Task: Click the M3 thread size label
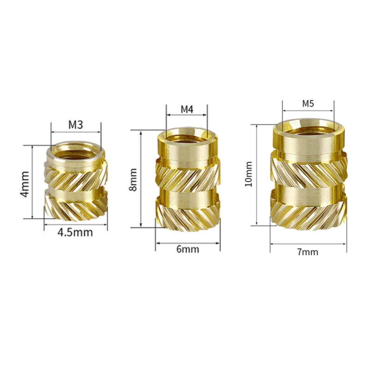click(x=76, y=125)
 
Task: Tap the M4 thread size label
click(x=187, y=109)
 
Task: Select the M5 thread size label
click(x=308, y=104)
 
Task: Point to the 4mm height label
click(x=25, y=184)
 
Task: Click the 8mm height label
click(x=133, y=180)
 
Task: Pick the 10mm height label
click(x=248, y=174)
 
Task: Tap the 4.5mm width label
click(x=75, y=233)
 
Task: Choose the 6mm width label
click(x=188, y=249)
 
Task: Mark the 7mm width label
click(x=308, y=252)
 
